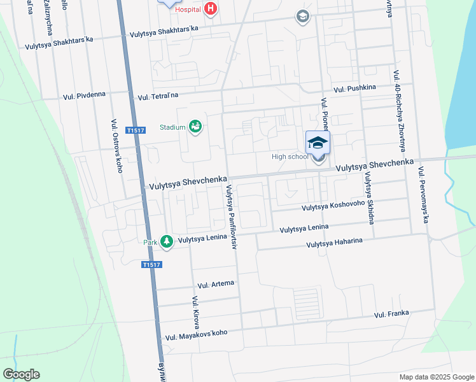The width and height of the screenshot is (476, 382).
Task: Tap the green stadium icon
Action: [x=195, y=127]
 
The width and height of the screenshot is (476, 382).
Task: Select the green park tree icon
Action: [x=166, y=241]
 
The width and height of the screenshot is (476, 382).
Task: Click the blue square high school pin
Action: [x=318, y=142]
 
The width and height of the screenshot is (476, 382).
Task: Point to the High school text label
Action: [x=290, y=157]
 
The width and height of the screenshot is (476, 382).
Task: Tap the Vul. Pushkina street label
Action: [x=354, y=87]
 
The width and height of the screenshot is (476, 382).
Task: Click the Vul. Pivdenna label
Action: [x=85, y=97]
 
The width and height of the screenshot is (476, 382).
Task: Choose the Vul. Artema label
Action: [x=216, y=283]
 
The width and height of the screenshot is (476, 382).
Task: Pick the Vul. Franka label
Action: [x=391, y=314]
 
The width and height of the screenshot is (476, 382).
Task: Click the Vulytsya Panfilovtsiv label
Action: [x=230, y=216]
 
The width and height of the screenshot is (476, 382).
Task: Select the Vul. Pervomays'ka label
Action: [x=422, y=195]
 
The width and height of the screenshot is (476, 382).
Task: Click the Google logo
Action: [x=21, y=374]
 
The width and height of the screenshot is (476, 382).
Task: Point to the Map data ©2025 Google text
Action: [x=436, y=377]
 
